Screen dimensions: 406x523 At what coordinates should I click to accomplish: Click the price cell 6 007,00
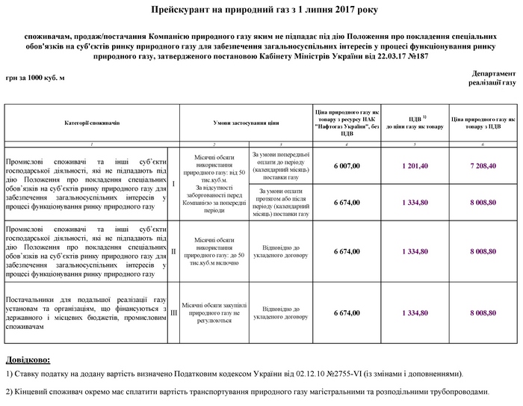coord(347,165)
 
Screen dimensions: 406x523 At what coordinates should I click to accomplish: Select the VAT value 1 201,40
coord(413,165)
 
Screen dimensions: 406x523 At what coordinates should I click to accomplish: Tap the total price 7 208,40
coord(483,165)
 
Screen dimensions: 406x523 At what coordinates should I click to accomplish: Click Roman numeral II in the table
coord(173,251)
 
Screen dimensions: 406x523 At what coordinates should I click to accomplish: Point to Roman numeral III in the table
coord(173,313)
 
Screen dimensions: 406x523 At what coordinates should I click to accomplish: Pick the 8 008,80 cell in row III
coord(483,313)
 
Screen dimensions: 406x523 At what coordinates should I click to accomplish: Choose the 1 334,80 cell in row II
coord(413,251)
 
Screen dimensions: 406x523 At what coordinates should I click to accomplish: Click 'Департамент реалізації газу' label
coord(493,78)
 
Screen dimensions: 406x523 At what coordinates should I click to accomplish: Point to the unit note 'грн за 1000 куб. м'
coord(35,79)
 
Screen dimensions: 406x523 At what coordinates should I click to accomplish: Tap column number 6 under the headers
coord(483,143)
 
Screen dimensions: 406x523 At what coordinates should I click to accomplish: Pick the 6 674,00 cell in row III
coord(347,313)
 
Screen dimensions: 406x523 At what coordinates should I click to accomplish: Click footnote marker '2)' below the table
coord(9,392)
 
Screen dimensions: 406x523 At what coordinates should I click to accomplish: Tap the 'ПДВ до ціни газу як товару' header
coord(413,122)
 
